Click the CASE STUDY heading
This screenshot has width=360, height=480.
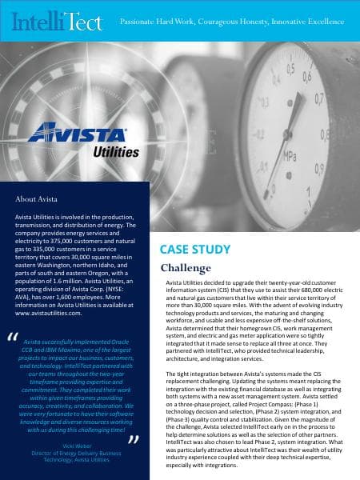192,250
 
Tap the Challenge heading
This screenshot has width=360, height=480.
186,267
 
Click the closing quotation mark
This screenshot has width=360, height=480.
134,438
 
